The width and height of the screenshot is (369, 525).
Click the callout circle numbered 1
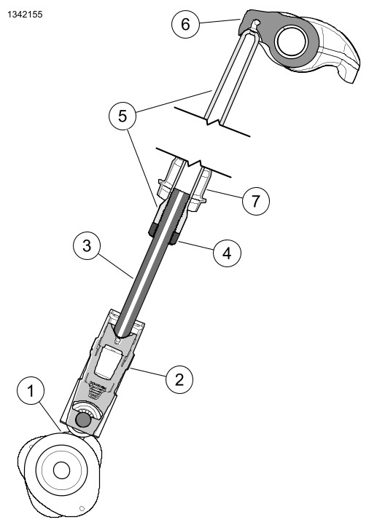tap(31, 391)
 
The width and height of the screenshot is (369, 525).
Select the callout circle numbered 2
tap(179, 379)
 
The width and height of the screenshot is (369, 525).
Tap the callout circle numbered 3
tap(87, 246)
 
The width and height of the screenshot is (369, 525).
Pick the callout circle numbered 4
tap(227, 253)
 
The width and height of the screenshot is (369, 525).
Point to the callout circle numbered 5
tap(123, 117)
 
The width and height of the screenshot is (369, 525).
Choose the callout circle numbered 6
tap(185, 24)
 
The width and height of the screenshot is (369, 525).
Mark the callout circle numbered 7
tap(256, 201)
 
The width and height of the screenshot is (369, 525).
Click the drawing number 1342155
tap(25, 15)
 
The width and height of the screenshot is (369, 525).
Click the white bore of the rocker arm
tap(291, 42)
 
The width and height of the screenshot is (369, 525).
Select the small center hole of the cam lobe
tap(61, 470)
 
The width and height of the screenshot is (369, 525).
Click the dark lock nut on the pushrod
tap(163, 233)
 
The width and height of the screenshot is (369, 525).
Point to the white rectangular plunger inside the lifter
tap(108, 363)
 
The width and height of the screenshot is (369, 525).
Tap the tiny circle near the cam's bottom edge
tap(82, 508)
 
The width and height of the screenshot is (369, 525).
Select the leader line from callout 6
tap(220, 21)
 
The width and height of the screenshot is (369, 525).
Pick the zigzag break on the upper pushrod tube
tap(214, 121)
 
